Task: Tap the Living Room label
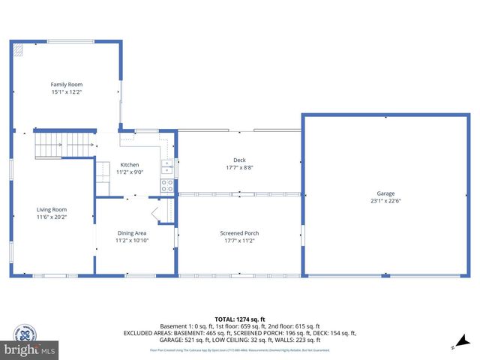pos(52,209)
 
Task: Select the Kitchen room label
pos(130,164)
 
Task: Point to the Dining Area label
pos(131,233)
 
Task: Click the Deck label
pos(239,160)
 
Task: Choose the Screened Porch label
pos(239,233)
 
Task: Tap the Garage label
pos(385,193)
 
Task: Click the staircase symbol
pos(56,143)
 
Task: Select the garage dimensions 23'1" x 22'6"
pos(385,200)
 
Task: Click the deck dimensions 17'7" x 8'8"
pos(239,167)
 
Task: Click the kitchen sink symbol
pos(168,166)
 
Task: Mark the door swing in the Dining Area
pos(160,214)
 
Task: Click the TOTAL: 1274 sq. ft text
pos(239,319)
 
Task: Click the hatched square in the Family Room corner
pos(18,49)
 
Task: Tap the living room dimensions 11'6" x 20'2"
pos(52,217)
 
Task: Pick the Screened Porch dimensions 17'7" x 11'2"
pos(239,241)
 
